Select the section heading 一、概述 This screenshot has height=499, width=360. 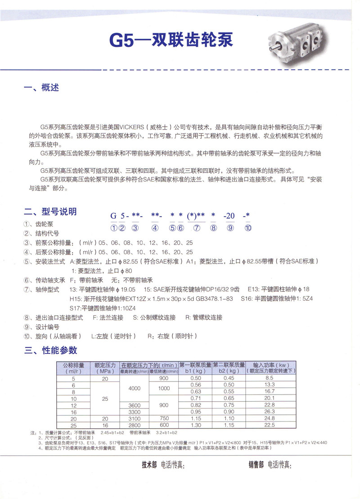click(41, 87)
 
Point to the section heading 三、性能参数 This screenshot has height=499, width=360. click(50, 350)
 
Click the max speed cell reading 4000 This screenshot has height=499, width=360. click(135, 388)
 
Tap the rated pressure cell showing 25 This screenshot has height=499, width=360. click(105, 399)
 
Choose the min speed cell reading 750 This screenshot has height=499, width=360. click(164, 418)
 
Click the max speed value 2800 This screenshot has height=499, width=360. click(135, 425)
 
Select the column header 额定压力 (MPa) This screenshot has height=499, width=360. click(105, 367)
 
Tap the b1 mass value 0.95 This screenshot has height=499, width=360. click(195, 412)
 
